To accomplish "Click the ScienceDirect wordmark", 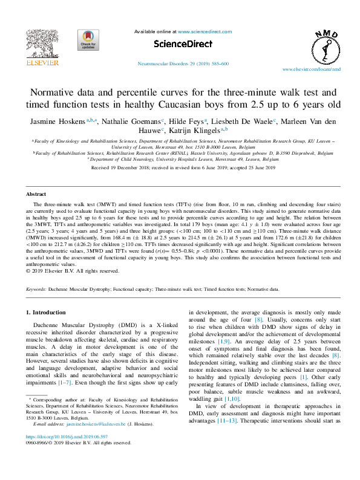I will point(180,44).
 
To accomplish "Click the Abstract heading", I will point(36,194).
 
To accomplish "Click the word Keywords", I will point(38,289).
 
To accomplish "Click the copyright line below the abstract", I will point(73,271).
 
